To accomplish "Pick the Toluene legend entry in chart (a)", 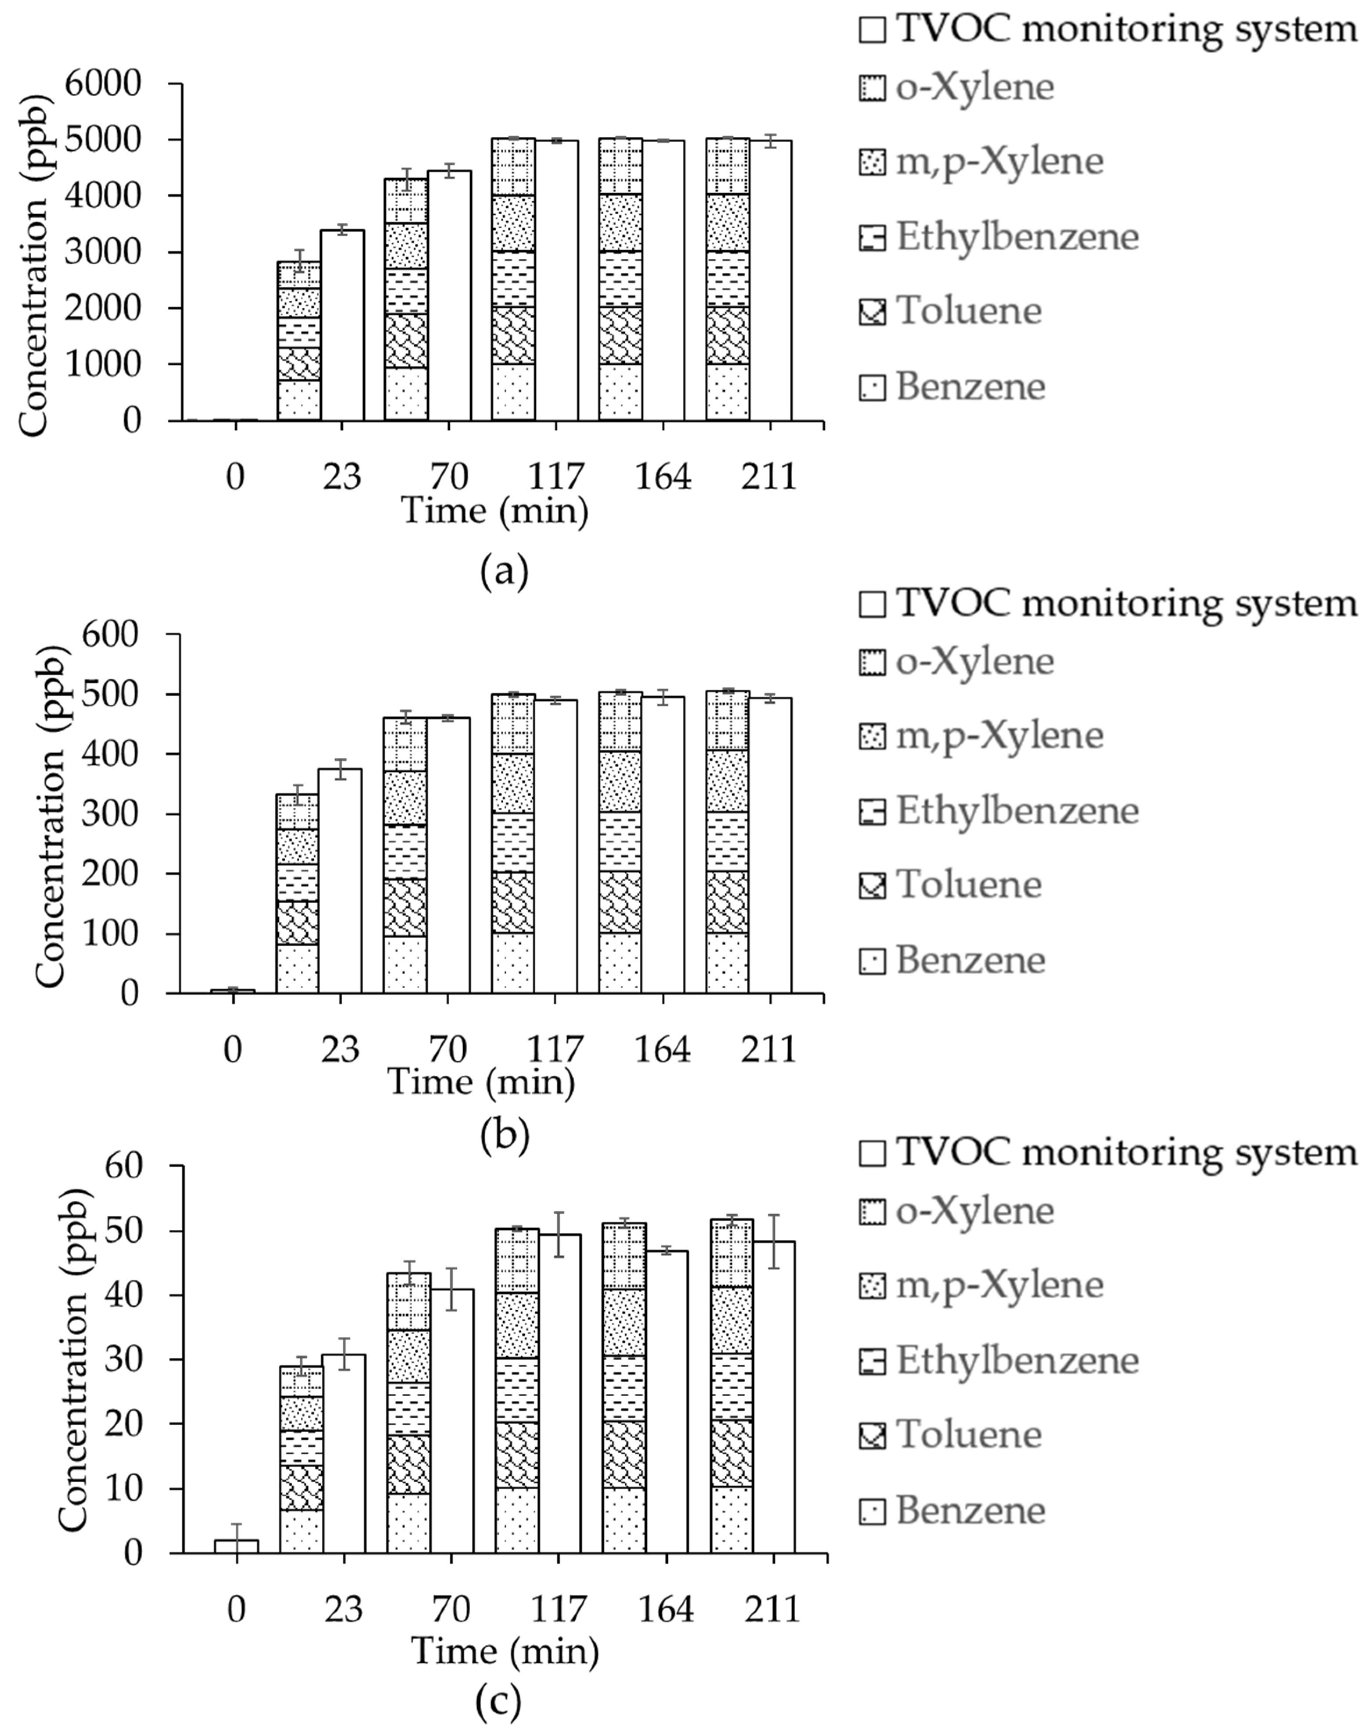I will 951,312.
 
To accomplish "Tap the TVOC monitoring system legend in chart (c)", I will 1107,1153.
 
